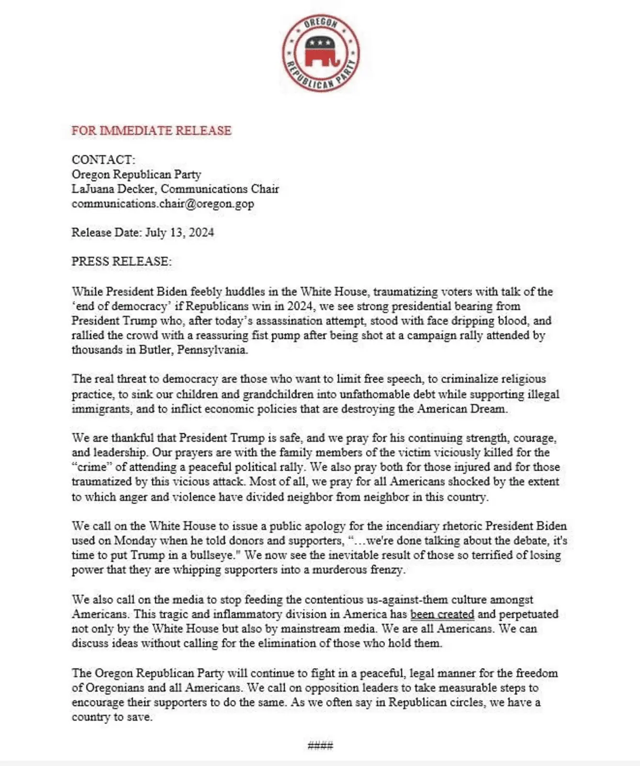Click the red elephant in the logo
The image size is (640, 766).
[321, 52]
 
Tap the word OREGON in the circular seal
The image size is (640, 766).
[321, 23]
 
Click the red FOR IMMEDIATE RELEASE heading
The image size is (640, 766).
[151, 131]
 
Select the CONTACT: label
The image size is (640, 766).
[103, 159]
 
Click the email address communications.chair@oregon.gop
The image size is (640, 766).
[163, 203]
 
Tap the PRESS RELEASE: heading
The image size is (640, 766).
[121, 261]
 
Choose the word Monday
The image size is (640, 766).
[135, 541]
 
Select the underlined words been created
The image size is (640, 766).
[442, 614]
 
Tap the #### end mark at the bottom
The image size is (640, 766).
[320, 745]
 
